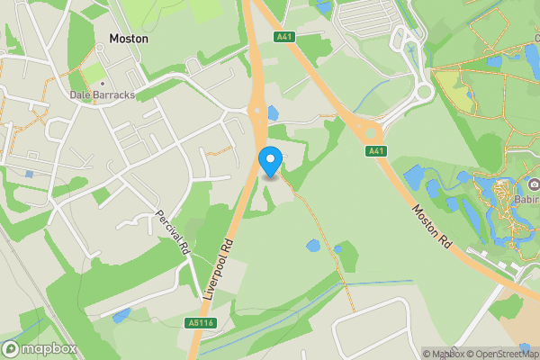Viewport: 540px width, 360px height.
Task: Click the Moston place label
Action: tap(129, 40)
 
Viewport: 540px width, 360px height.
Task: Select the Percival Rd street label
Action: tap(176, 232)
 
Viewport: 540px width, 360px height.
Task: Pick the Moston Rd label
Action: tap(431, 225)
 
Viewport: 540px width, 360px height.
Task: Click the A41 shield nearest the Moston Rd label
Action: tap(376, 151)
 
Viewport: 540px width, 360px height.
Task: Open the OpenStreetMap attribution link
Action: tap(499, 353)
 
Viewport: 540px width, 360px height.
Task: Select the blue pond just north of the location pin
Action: tap(272, 113)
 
